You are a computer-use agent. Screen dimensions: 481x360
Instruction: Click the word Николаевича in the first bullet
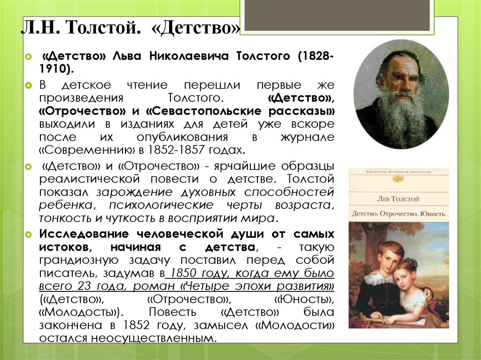189,56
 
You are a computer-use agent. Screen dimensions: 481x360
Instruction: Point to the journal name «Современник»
88,150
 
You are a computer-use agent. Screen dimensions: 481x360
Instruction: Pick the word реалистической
90,179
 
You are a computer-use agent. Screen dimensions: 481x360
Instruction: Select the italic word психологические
161,205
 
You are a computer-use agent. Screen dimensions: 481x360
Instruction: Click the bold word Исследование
84,234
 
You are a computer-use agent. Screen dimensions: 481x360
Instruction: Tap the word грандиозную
79,260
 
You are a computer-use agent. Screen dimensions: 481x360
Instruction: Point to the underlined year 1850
183,273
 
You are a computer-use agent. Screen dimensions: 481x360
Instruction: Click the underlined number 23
84,286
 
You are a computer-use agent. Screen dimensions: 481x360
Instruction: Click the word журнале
307,137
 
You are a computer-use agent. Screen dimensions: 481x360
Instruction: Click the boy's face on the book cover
388,257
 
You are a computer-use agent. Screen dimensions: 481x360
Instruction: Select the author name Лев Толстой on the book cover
398,199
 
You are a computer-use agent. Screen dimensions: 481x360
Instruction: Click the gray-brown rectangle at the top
337,15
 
